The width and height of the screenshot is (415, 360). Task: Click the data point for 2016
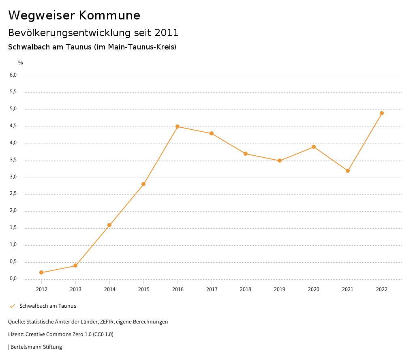coord(178,126)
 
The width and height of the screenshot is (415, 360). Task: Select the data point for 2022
coord(382,113)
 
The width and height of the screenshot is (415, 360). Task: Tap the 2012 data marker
coord(41,272)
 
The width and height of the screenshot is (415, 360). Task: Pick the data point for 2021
coord(348,171)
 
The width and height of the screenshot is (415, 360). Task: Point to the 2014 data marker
coord(109,225)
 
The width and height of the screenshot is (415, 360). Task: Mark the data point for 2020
coord(314,147)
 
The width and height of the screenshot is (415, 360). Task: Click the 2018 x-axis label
coord(246,289)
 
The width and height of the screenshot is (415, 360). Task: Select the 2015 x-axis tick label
coord(143,289)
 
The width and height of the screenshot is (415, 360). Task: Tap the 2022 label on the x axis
coord(382,289)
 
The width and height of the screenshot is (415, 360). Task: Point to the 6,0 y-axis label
coord(13,75)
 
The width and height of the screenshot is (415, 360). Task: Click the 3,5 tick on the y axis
coord(13,160)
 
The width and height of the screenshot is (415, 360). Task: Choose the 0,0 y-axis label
coord(13,279)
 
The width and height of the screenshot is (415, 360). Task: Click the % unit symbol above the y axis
coord(21,63)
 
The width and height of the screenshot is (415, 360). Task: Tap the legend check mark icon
coord(12,306)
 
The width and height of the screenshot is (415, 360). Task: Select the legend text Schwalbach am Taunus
coord(48,306)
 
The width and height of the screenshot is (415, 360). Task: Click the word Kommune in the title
coord(110,15)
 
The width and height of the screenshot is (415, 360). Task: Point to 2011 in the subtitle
coord(167,32)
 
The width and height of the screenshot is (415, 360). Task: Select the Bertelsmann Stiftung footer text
coord(36,347)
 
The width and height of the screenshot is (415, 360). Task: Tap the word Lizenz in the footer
coord(16,334)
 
